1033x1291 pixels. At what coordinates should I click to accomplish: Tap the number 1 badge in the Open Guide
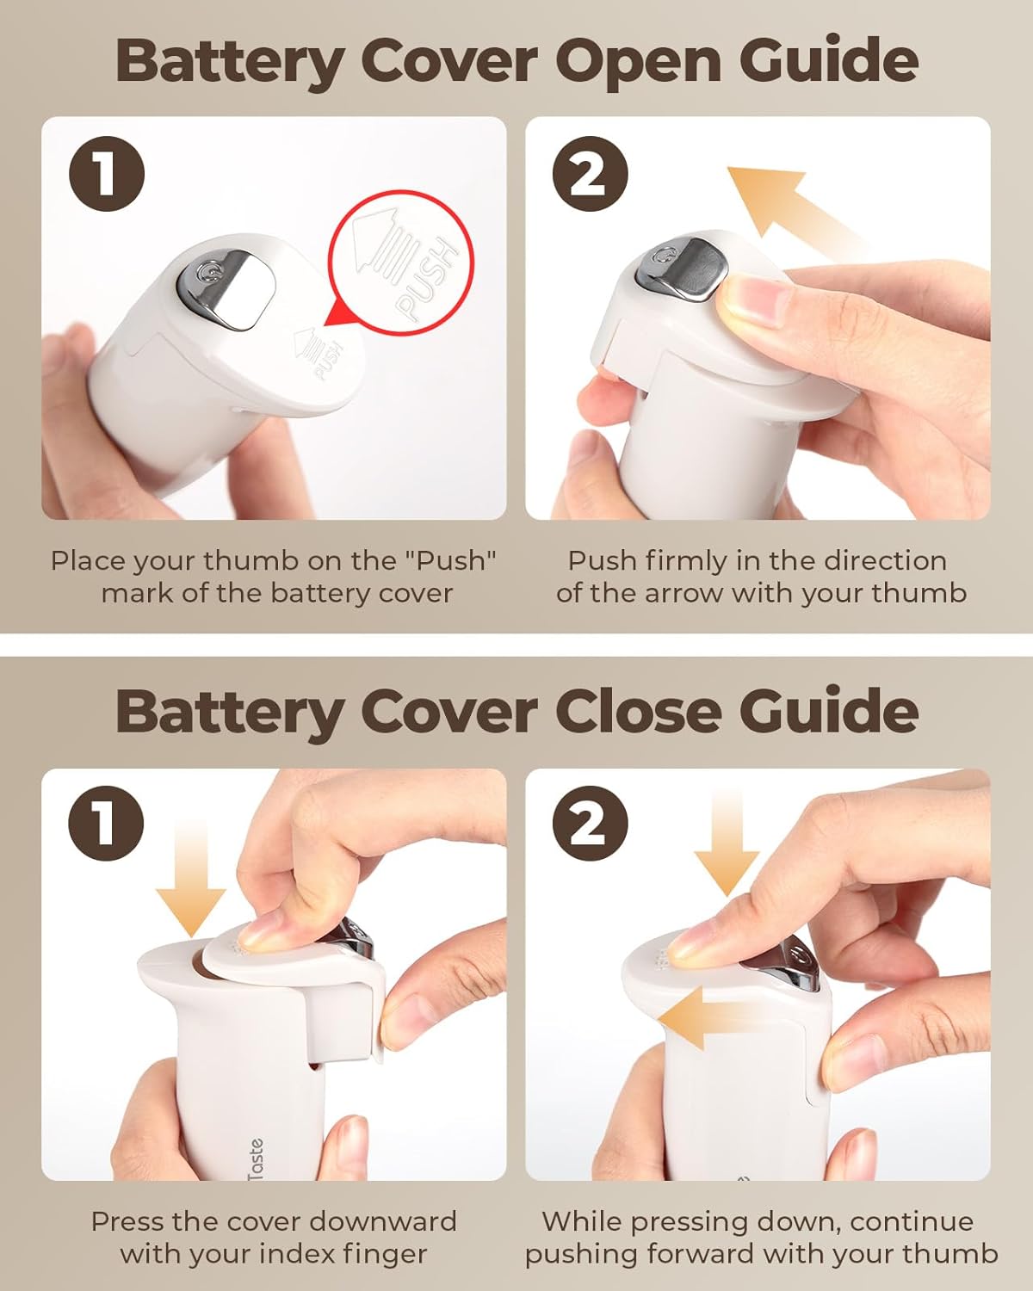(106, 175)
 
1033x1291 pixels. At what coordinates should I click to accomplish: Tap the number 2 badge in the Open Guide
(589, 175)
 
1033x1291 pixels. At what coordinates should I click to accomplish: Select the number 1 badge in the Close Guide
(106, 824)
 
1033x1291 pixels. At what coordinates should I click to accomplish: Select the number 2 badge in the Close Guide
(589, 824)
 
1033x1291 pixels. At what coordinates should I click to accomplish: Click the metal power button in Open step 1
(222, 287)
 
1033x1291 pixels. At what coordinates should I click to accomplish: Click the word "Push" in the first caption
(451, 561)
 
